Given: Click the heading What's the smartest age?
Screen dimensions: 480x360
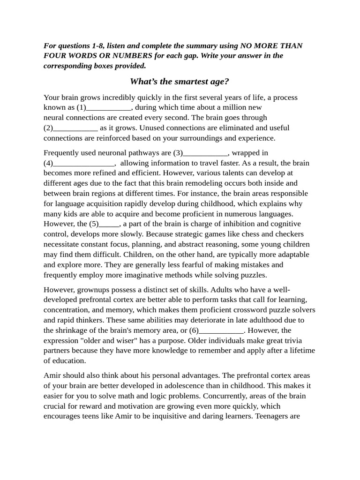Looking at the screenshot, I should click(180, 82).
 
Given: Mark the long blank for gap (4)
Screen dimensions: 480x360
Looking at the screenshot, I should click(84, 164).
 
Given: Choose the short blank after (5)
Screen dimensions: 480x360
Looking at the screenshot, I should click(109, 224).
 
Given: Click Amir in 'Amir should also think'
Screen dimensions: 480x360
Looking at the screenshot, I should click(52, 375).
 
